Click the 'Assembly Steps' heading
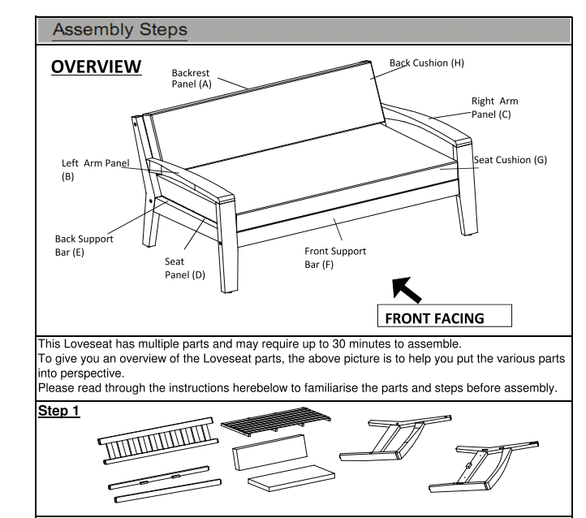pos(120,29)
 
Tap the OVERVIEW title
pos(97,67)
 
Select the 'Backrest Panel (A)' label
pos(192,78)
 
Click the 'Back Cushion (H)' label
pos(427,63)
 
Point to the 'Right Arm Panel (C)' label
pos(495,108)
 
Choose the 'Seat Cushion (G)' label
pos(511,160)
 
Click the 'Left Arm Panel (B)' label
pos(96,170)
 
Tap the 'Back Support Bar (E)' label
pos(84,245)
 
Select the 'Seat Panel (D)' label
pos(185,268)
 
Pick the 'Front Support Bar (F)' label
pos(335,257)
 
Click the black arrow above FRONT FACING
pos(407,289)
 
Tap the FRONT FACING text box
pos(445,316)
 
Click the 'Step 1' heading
pos(59,411)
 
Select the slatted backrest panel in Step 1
pos(158,441)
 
